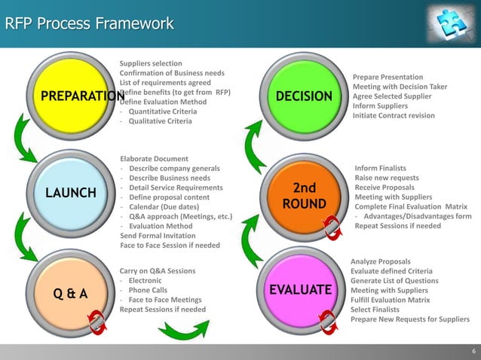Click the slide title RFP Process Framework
coord(89,24)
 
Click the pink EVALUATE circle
coord(300,291)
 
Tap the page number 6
coord(473,351)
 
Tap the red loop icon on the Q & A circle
coord(97,324)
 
